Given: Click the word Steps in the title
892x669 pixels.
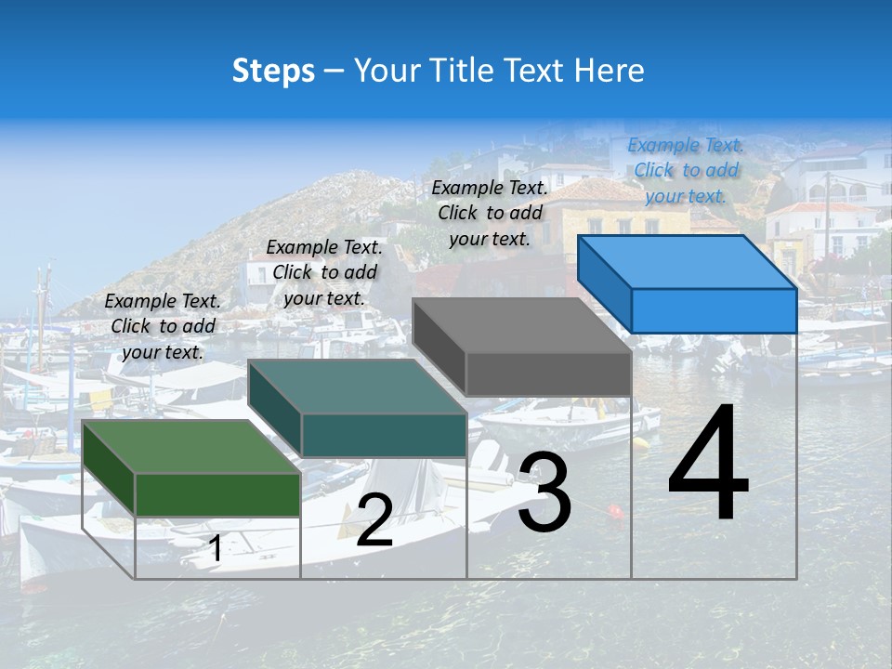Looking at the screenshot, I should [x=273, y=71].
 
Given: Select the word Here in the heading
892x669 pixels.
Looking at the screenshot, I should [x=607, y=71].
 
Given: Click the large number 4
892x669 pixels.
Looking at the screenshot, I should [x=708, y=464].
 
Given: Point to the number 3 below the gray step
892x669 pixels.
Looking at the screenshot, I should [x=544, y=492].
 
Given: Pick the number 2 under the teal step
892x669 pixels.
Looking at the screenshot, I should [x=374, y=520].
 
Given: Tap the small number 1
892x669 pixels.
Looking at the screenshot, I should [x=215, y=549].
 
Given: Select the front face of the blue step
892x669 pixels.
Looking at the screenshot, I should [x=714, y=310].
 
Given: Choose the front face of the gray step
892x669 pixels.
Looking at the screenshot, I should [x=548, y=374].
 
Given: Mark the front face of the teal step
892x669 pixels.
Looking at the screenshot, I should [x=384, y=435].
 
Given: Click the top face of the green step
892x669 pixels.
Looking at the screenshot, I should [x=190, y=447].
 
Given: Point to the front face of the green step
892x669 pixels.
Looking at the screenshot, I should [x=217, y=494].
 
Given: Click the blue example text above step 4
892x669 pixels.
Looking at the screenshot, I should [x=686, y=170].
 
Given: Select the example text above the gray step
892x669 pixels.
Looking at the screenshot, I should [x=490, y=213].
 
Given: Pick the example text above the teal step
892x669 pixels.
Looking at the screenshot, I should [x=324, y=272].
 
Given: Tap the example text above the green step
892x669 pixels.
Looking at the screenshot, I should [x=163, y=326].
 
